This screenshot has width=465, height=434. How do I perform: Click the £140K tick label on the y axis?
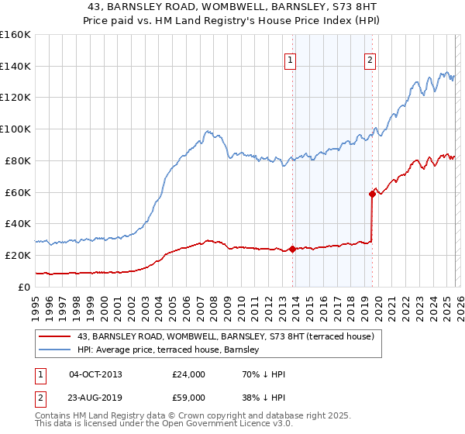15,66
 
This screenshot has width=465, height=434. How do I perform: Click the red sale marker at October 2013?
292,249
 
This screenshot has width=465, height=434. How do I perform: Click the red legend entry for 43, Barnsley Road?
225,336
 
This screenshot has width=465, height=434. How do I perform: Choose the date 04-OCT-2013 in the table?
95,374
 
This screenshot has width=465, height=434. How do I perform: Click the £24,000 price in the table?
188,374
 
